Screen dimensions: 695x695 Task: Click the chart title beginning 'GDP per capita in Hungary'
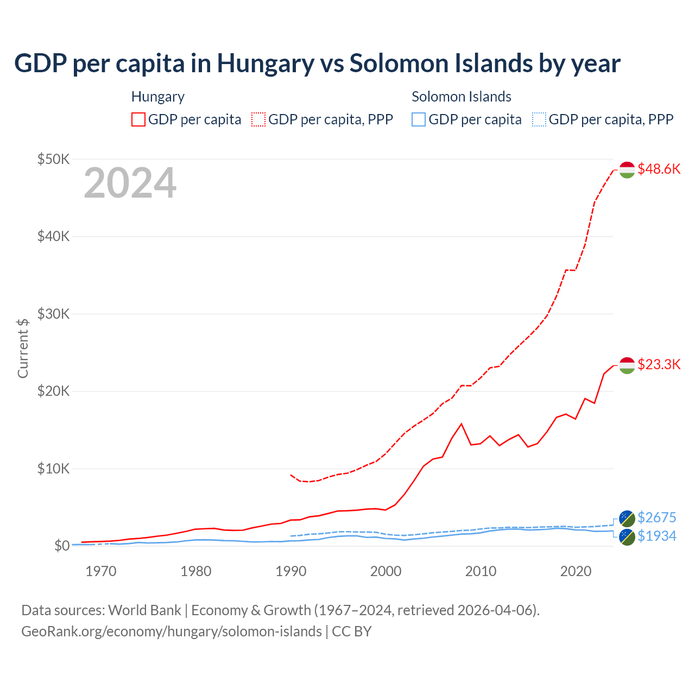tap(317, 64)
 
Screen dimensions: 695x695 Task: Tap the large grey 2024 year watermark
tap(130, 184)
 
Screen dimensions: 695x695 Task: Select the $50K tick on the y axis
tap(53, 159)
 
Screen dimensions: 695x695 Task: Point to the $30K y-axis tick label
tap(53, 314)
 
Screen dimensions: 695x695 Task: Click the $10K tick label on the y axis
tap(53, 469)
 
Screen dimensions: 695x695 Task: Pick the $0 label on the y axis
tap(61, 546)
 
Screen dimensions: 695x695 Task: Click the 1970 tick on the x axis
tap(101, 571)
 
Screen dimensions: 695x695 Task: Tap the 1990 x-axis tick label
tap(291, 571)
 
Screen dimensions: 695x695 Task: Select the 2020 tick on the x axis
tap(576, 571)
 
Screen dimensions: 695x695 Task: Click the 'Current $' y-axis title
tap(23, 348)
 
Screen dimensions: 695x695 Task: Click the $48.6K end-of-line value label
tap(659, 169)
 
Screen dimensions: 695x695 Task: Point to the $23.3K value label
tap(659, 364)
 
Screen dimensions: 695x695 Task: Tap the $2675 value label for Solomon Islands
tap(656, 517)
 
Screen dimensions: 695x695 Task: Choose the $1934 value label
tap(656, 536)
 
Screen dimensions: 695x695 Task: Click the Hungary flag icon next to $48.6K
tap(627, 169)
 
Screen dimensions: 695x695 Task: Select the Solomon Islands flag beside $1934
tap(627, 537)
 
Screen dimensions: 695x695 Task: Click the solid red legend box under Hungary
tap(138, 119)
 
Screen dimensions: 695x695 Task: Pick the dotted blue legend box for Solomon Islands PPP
tap(539, 119)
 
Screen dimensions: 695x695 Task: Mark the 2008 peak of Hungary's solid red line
tap(462, 424)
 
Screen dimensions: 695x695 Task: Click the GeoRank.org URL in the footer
tap(172, 631)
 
